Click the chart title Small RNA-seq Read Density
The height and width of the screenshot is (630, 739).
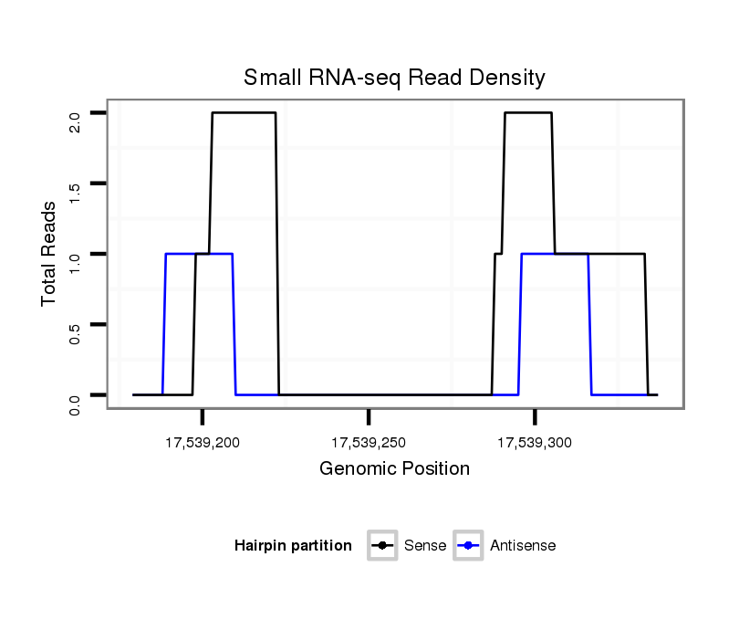point(394,78)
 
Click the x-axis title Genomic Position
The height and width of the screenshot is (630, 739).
point(394,469)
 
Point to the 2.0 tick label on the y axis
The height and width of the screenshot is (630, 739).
point(76,120)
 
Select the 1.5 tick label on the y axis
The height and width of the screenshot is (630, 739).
point(76,190)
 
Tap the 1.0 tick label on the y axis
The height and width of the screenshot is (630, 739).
point(76,260)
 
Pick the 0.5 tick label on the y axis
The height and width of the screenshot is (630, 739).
point(76,331)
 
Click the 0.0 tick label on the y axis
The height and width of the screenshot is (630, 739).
point(76,401)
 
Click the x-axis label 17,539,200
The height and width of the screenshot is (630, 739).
point(203,444)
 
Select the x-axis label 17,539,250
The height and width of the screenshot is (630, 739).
point(369,444)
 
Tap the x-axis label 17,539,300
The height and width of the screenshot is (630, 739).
point(535,444)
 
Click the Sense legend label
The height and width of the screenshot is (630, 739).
point(424,546)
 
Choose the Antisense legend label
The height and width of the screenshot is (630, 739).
point(523,546)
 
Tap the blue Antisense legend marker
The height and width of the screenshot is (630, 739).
point(469,546)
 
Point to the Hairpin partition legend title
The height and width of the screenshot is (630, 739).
point(293,546)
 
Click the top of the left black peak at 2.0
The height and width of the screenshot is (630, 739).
point(244,113)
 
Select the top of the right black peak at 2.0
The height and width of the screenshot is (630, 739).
point(528,113)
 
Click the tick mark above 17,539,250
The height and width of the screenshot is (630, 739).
point(369,417)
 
